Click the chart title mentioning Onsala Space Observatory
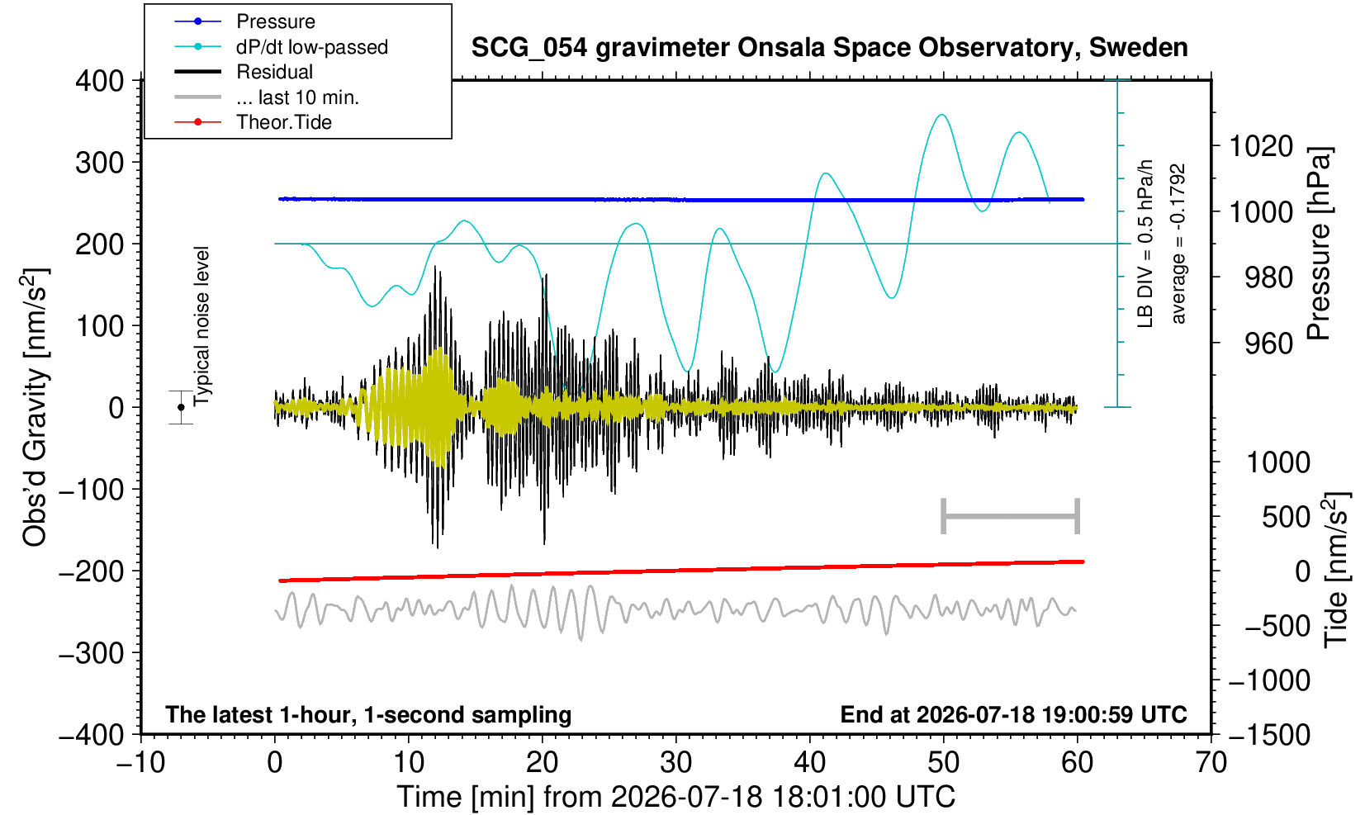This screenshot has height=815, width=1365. [829, 48]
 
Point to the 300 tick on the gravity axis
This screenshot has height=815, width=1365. [100, 163]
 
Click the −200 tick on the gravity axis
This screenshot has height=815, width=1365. [92, 571]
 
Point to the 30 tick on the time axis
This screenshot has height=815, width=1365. [675, 762]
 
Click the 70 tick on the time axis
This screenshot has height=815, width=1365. [1211, 762]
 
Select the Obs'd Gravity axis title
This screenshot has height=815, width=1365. [36, 407]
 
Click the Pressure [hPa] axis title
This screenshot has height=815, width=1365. [1320, 244]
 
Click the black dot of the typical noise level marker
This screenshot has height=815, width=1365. [181, 407]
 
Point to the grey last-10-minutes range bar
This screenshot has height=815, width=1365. [1011, 516]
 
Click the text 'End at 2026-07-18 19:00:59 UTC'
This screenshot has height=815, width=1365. [1013, 714]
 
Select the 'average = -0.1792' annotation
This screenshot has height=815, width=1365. [1178, 244]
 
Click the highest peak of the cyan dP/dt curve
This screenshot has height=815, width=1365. [942, 115]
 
